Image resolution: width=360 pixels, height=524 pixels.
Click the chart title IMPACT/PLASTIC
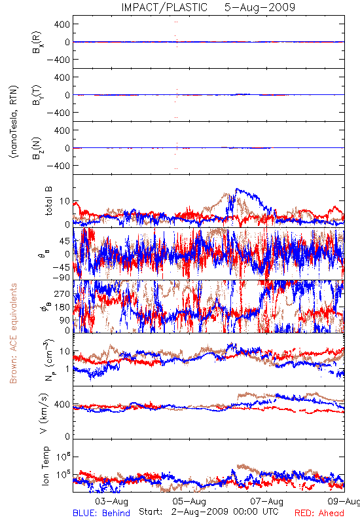coord(164,7)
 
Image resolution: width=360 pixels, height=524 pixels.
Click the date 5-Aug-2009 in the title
coord(260,7)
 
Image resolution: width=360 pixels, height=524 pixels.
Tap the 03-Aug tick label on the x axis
coord(111,501)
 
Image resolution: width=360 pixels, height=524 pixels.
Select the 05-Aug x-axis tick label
coord(189,501)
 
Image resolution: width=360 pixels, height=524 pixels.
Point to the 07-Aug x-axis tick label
coord(267,501)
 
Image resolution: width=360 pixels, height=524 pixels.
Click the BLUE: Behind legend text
coord(101,513)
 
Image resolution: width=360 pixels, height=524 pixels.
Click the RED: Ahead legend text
coord(319,513)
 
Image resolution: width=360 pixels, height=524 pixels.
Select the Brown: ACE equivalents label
coord(13,333)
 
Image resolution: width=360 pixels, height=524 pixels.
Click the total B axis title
coord(48,201)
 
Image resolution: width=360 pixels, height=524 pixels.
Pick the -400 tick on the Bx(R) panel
coord(58,60)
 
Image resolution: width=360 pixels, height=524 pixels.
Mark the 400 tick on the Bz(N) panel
coord(62,130)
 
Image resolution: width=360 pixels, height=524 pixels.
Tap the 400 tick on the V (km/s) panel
coord(62,404)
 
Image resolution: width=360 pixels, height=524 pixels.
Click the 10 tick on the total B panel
coord(65,201)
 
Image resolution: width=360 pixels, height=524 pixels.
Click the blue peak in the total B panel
coord(237,189)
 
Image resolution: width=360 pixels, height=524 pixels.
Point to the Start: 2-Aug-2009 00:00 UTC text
coord(209,512)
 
